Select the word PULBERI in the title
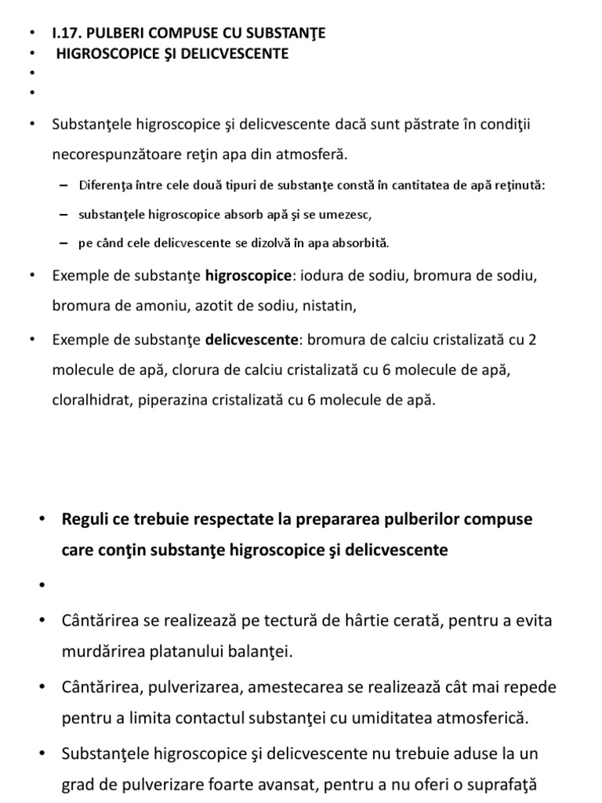118,33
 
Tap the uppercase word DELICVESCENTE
238,53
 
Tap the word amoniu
154,306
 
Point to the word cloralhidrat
92,400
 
